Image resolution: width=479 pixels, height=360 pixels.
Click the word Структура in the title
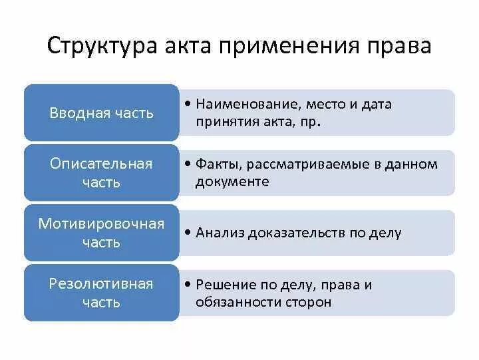(100, 47)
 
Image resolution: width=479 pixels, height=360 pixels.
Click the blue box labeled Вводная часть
(101, 113)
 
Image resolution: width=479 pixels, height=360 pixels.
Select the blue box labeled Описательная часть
(101, 173)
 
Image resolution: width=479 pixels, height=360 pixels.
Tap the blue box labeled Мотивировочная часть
(101, 233)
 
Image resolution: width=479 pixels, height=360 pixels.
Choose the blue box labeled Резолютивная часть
(101, 293)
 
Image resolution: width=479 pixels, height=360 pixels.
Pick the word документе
(232, 181)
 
